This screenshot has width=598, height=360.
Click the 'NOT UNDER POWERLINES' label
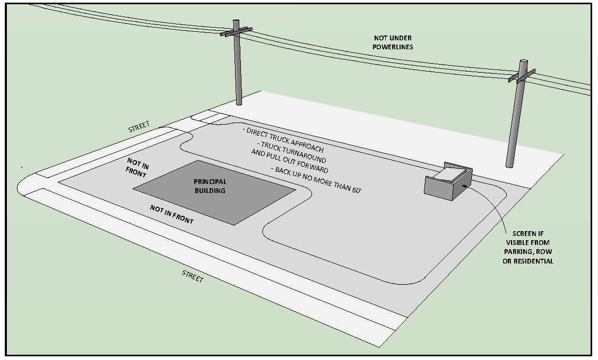click(x=393, y=42)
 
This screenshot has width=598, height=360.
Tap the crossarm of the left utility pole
click(x=236, y=31)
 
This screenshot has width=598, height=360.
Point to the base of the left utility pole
click(x=239, y=102)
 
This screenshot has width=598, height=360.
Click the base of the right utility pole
click(x=510, y=164)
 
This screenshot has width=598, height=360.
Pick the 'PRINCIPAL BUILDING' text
click(x=210, y=186)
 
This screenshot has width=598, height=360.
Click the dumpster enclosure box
click(x=447, y=183)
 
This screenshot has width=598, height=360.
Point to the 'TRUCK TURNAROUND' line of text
click(x=291, y=152)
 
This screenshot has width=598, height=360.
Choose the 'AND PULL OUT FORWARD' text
click(x=289, y=161)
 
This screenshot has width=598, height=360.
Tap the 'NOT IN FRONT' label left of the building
click(x=136, y=166)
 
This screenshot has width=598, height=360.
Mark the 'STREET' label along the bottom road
click(x=192, y=276)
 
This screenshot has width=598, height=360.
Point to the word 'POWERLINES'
click(x=393, y=47)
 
